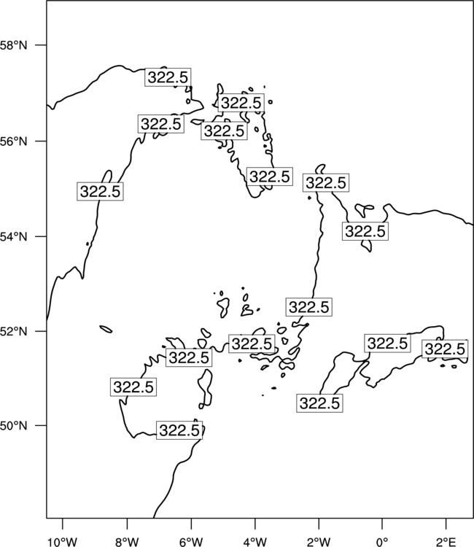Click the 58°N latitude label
pos(13,45)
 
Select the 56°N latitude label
pos(13,141)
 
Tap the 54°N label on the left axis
pos(13,236)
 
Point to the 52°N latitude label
pos(13,331)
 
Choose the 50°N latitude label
pos(13,426)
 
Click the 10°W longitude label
pos(63,542)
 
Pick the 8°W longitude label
pos(127,542)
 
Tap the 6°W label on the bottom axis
pos(191,542)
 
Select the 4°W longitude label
pos(255,542)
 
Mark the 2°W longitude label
pos(319,542)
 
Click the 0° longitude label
pos(382,542)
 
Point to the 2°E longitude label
pos(446,542)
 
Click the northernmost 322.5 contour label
pos(168,77)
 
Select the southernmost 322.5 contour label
pos(179,430)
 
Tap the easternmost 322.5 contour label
pos(445,349)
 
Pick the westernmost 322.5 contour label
pos(100,191)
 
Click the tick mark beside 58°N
pos(41,45)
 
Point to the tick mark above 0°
pos(382,524)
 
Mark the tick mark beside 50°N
pos(41,426)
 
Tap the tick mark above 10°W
pos(63,524)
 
